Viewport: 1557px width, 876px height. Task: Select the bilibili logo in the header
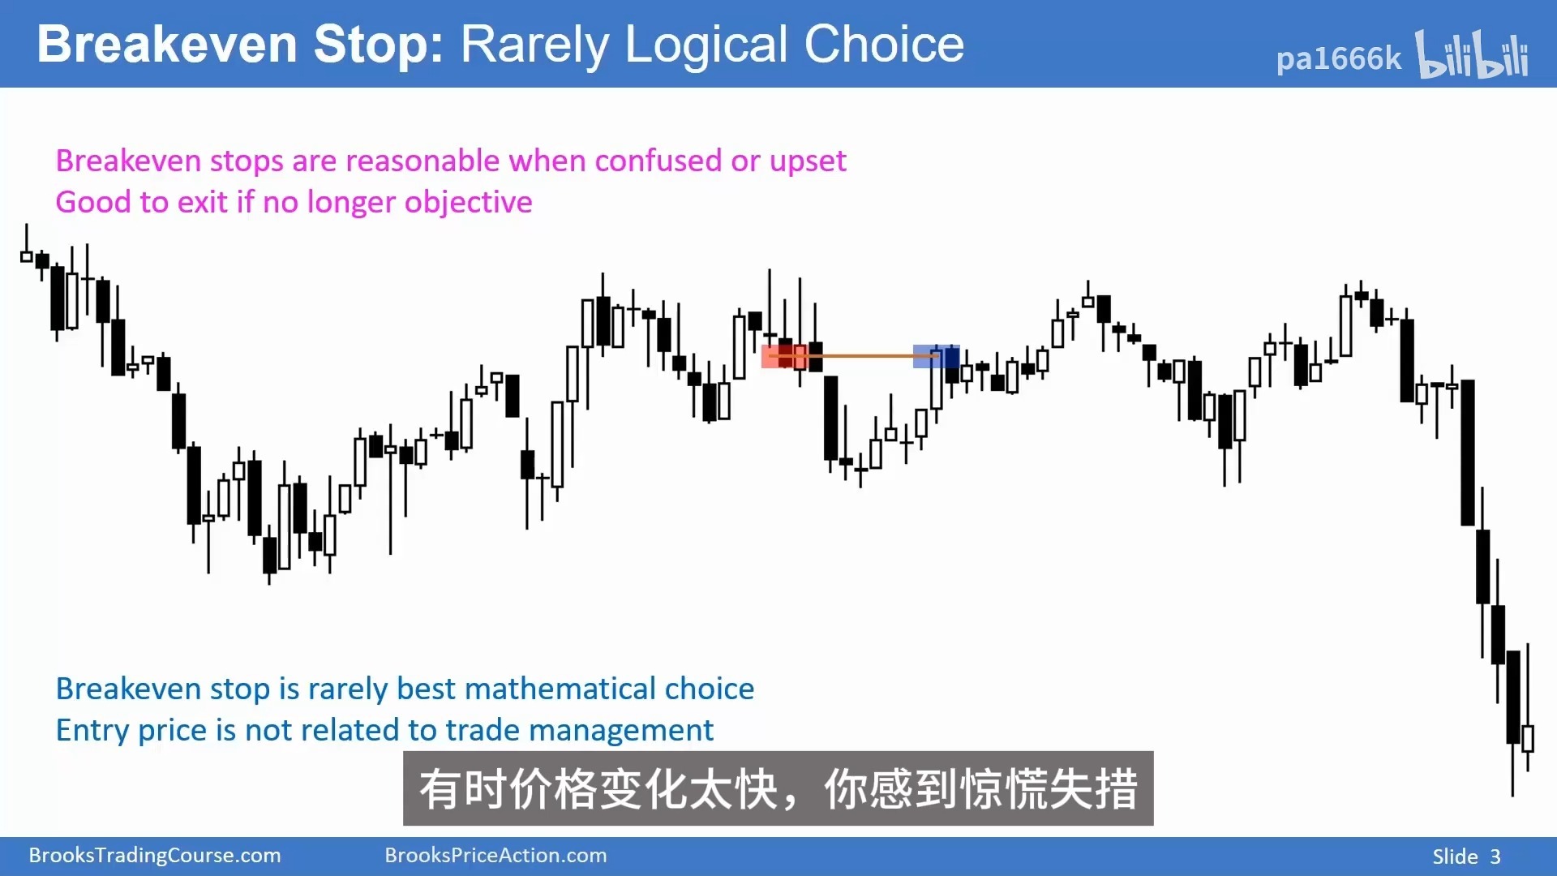[1472, 54]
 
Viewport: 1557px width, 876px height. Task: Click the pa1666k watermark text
[1338, 58]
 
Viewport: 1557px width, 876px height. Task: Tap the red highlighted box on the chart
[783, 356]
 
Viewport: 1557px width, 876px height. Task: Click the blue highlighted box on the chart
[936, 356]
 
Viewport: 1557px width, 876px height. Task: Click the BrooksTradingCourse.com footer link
[155, 856]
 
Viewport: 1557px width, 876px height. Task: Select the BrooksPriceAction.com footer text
[495, 856]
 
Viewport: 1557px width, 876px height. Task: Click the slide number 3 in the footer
[1495, 857]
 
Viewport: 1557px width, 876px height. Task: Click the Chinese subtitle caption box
[778, 788]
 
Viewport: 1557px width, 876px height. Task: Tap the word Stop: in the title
[379, 46]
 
